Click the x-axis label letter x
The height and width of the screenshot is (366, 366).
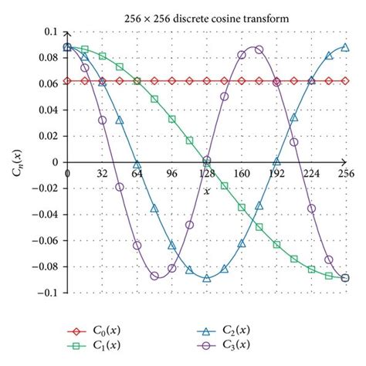207,190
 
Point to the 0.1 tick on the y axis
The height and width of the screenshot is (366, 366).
50,32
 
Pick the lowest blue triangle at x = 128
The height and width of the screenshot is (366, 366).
207,277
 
